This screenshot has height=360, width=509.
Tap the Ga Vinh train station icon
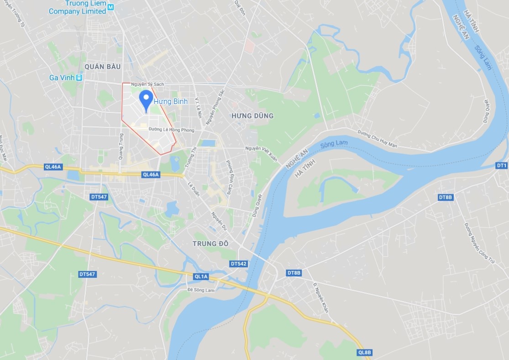tap(79, 78)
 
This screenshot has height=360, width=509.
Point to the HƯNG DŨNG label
tap(252, 116)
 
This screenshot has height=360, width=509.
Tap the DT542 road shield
tap(238, 264)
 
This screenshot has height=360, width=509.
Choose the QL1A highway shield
tap(201, 277)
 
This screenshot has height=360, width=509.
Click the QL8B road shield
tap(365, 353)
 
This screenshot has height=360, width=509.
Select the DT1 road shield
tap(502, 165)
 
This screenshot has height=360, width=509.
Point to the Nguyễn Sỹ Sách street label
tap(147, 84)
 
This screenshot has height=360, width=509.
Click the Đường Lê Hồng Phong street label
tap(171, 130)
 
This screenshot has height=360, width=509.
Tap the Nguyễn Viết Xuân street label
tap(261, 148)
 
